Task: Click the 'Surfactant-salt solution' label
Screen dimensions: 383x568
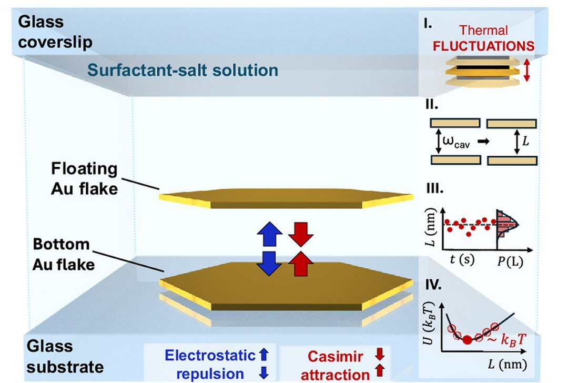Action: [182, 70]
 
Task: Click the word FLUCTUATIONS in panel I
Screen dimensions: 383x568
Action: [483, 46]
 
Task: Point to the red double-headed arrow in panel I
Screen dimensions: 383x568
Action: [528, 70]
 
